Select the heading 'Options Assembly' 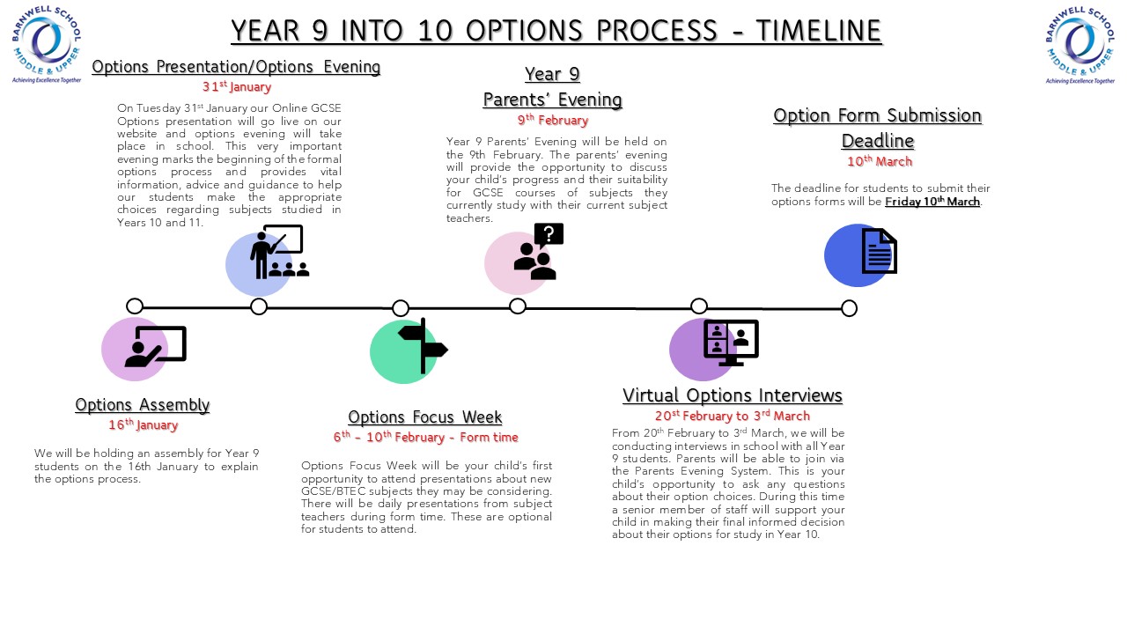click(x=142, y=405)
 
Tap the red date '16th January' click(x=143, y=425)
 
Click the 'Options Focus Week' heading click(x=424, y=417)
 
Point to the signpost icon click(x=423, y=346)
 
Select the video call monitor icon click(x=731, y=343)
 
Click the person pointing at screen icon click(x=156, y=346)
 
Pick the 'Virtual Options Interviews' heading click(x=732, y=395)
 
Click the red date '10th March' click(x=879, y=162)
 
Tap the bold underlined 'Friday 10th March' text click(x=932, y=202)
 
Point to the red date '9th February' click(x=552, y=121)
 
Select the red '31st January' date click(x=236, y=87)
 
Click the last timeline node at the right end click(x=849, y=308)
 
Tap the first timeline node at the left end click(x=135, y=306)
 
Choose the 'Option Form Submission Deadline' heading click(x=877, y=128)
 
